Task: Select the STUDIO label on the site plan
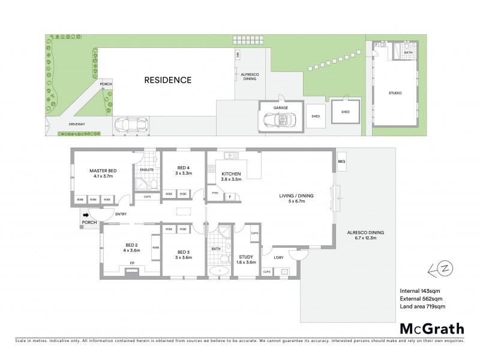click(x=395, y=93)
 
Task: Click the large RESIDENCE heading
click(x=167, y=80)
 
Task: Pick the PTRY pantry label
click(x=215, y=193)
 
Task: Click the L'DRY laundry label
click(x=278, y=258)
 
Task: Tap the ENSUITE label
click(x=147, y=170)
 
